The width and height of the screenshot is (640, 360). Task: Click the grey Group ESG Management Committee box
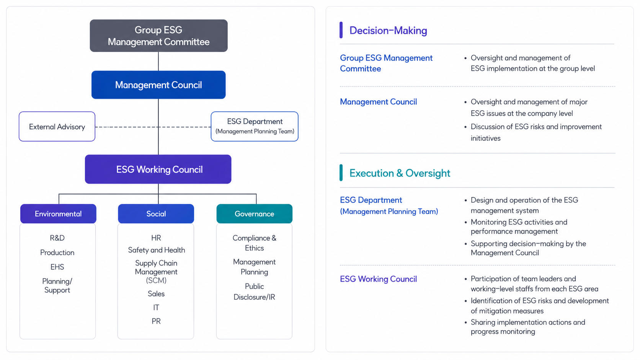[x=158, y=36]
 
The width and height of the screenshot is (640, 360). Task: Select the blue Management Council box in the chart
[x=158, y=85]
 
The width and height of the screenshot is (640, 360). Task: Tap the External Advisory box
[x=57, y=127]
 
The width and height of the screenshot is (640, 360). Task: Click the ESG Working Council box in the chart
[x=158, y=169]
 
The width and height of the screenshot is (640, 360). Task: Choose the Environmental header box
[x=58, y=213]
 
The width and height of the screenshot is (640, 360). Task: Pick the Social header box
[x=156, y=213]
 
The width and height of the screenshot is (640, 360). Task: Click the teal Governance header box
[x=254, y=213]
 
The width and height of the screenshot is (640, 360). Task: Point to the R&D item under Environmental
[x=57, y=238]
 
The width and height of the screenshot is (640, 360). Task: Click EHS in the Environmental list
[x=57, y=267]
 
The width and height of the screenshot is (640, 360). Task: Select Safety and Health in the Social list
[x=156, y=250]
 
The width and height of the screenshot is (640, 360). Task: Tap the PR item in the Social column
[x=156, y=321]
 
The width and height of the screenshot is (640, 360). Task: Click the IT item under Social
[x=156, y=308]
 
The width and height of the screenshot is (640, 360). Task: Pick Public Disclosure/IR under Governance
[x=254, y=292]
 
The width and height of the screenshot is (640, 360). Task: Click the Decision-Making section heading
[x=388, y=30]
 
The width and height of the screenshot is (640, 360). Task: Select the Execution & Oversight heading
[x=400, y=173]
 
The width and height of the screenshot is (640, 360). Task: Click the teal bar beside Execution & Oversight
[x=341, y=173]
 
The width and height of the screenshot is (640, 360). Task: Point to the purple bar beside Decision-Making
[x=341, y=30]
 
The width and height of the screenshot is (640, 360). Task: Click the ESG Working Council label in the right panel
[x=378, y=279]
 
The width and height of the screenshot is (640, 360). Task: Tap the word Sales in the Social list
[x=156, y=294]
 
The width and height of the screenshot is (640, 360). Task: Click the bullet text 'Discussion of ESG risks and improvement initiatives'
[x=536, y=132]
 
